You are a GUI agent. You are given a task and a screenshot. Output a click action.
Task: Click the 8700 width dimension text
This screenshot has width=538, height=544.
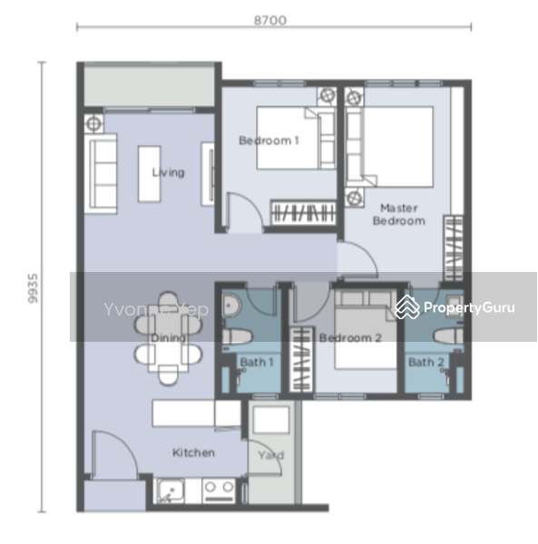coord(269,19)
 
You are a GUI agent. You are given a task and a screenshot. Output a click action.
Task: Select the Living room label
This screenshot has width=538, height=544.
coord(168,172)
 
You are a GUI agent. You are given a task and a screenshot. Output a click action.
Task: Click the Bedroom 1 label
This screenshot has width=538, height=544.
coord(268,141)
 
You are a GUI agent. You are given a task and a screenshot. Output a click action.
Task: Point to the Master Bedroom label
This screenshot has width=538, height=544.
coord(399,214)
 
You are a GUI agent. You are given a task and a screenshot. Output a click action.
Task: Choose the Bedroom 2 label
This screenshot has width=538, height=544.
coord(348,338)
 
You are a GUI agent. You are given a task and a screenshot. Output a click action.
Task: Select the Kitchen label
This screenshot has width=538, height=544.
coord(193,452)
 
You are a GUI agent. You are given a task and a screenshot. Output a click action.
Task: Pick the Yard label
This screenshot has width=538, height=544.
coord(270,455)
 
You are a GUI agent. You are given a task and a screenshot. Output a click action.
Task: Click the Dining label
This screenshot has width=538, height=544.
coord(169,338)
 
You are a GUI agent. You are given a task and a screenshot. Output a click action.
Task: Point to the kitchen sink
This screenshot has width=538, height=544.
coord(170,492)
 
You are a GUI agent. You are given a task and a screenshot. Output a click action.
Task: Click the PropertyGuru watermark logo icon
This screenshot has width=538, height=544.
coord(406,308)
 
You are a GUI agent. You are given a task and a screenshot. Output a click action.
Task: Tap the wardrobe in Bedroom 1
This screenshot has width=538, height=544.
coord(305,213)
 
